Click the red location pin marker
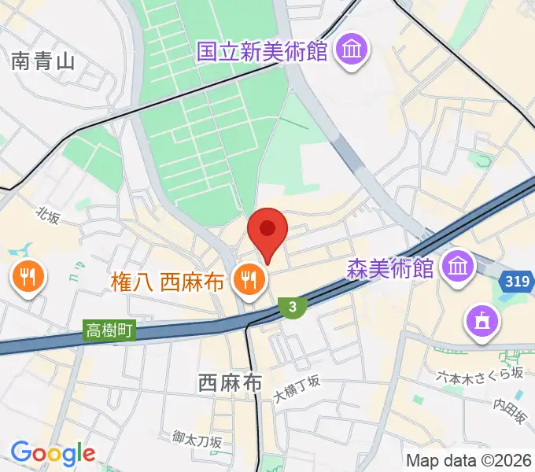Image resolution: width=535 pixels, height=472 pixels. coord(267,230)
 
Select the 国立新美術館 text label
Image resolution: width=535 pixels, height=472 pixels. coord(262,52)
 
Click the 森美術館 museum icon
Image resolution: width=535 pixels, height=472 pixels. coord(457,267)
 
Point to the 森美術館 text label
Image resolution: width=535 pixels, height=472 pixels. coord(390,268)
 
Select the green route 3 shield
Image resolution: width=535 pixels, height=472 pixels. coord(292,307)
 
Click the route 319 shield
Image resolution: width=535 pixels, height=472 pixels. coord(517,279)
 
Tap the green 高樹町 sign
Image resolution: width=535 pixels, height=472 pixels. coord(110,330)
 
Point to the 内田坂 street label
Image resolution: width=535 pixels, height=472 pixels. coord(508,410)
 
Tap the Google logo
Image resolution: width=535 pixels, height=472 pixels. coord(53,453)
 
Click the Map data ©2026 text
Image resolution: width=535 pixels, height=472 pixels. coord(469,460)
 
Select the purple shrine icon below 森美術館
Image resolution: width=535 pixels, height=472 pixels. coord(481,320)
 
